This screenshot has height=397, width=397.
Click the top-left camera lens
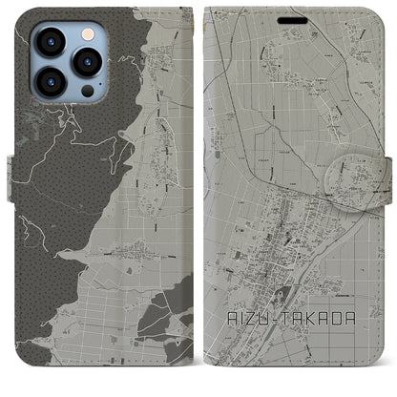(49, 41)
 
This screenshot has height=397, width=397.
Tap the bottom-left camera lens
(49, 82)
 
